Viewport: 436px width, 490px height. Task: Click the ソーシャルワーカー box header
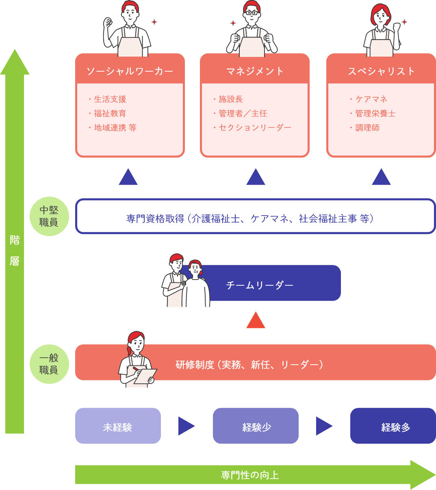pos(130,71)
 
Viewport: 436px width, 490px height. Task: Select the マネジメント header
pos(255,71)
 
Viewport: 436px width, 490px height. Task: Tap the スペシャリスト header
pos(381,71)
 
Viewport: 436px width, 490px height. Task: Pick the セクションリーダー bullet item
pos(255,128)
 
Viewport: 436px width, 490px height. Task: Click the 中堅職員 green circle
pos(49,216)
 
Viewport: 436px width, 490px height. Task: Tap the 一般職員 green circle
pos(49,364)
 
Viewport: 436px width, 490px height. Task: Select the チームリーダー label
pos(260,285)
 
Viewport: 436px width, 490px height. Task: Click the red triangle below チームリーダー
pos(256,321)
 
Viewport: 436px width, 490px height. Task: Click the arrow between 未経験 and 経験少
pos(186,426)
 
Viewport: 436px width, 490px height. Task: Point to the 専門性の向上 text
pos(250,475)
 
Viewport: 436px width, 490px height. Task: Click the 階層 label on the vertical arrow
pos(15,251)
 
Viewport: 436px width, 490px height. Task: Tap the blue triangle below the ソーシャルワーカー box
pos(128,177)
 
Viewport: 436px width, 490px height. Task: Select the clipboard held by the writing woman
pos(145,375)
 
